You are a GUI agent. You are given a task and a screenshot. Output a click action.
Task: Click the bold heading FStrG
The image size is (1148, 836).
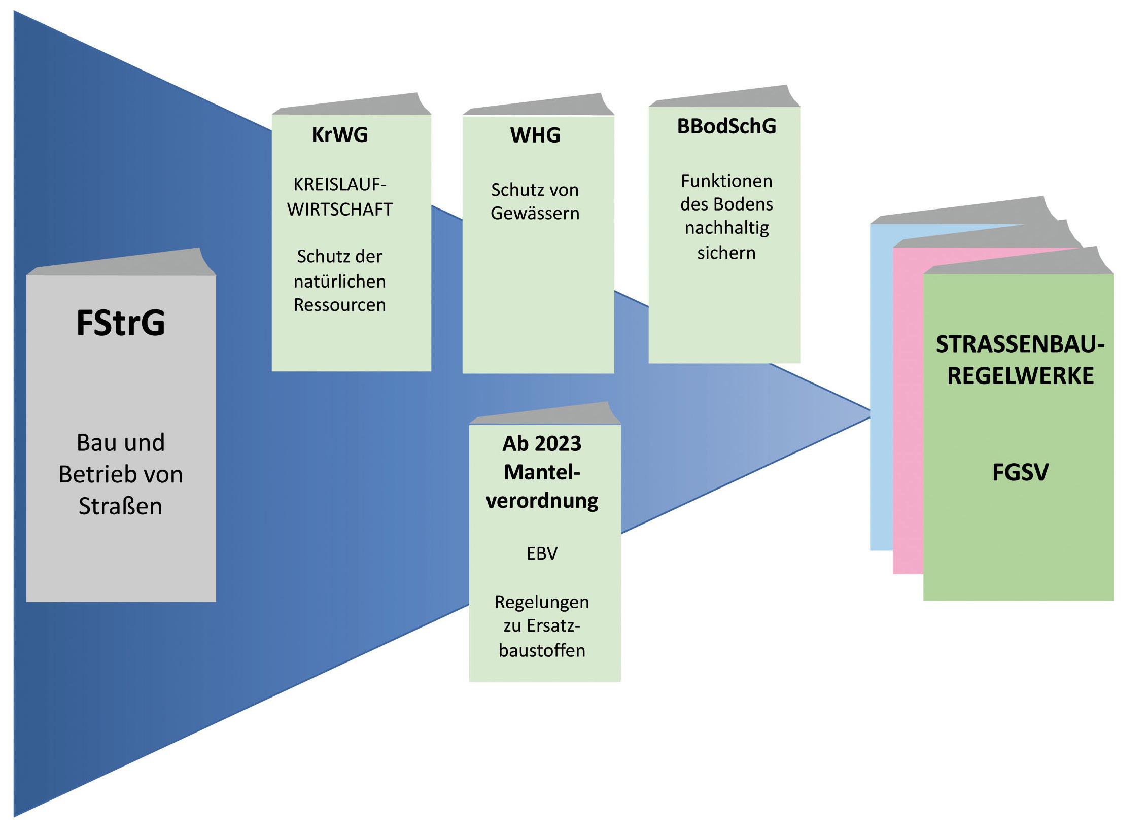[x=121, y=323]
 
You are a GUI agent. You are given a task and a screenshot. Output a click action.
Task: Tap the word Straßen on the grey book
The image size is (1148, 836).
[x=120, y=506]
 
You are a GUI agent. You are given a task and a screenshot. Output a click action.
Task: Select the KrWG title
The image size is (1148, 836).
[x=339, y=135]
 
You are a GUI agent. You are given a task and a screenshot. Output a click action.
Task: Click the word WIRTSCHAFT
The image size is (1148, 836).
[x=339, y=210]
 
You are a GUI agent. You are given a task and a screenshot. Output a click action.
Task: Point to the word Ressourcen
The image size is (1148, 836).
[x=339, y=305]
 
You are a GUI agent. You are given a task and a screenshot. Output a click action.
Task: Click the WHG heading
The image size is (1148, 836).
[x=535, y=135]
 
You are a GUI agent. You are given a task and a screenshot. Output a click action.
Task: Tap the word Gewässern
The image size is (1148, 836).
[x=535, y=214]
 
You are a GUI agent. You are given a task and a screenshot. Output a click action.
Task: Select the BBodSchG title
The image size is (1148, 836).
[x=726, y=126]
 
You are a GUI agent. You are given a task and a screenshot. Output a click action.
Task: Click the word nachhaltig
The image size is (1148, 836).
[x=726, y=228]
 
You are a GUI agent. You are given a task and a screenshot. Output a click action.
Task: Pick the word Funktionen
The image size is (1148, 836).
[x=726, y=181]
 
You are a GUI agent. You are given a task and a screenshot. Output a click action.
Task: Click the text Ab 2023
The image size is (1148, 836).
[x=542, y=444]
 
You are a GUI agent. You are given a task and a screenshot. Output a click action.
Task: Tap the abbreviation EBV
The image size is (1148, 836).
[x=542, y=553]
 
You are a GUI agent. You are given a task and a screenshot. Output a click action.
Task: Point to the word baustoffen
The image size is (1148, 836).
[x=542, y=650]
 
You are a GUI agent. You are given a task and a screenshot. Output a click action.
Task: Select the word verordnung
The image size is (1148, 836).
[x=542, y=501]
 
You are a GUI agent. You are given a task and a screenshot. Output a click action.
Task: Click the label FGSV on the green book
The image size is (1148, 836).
[x=1020, y=473]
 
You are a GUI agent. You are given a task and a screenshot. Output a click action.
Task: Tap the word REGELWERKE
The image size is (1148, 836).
[x=1020, y=376]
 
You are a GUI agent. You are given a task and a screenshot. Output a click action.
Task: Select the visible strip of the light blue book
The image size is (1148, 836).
[x=881, y=386]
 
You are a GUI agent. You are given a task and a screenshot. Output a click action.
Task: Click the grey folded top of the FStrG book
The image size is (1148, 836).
[x=122, y=264]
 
